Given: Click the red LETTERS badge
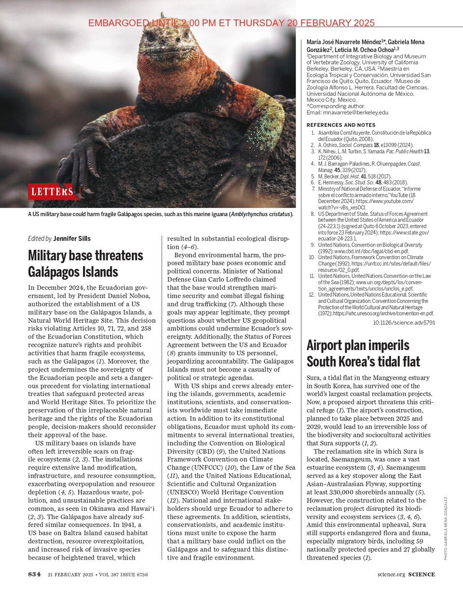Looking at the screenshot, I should (53, 192).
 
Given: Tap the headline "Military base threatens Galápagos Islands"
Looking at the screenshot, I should (85, 263).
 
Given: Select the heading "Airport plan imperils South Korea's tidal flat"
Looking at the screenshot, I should (363, 353).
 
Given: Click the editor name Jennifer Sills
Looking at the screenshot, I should (72, 238).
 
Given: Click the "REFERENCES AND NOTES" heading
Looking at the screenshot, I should (341, 125).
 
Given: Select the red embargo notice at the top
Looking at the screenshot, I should (231, 23).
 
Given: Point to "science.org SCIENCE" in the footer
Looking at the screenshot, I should (406, 575).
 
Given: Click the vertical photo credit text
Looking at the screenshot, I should (446, 528).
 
